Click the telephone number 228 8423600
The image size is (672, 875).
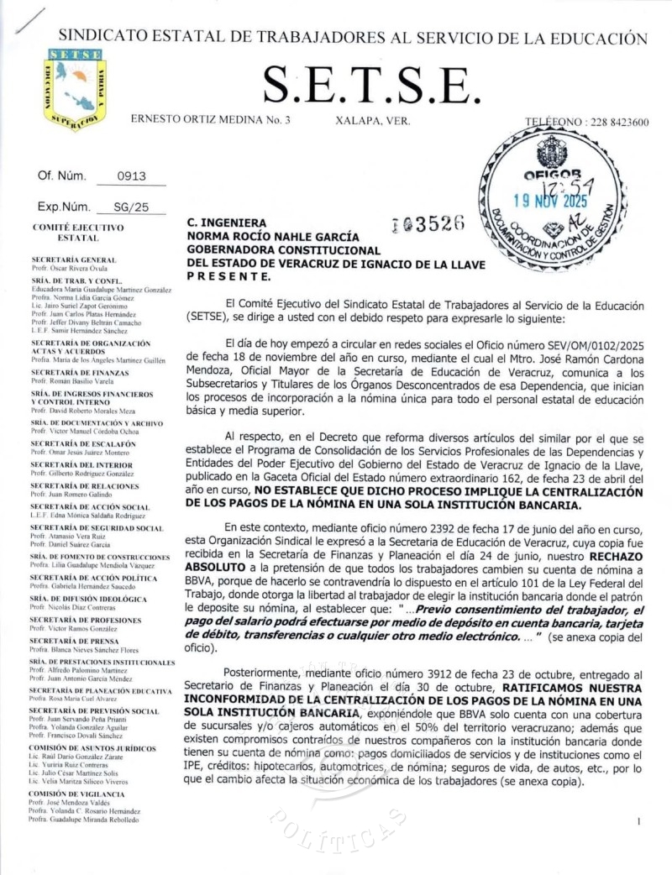click(x=614, y=122)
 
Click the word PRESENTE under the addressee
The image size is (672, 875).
click(x=228, y=275)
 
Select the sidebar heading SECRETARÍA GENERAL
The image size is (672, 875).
click(x=74, y=260)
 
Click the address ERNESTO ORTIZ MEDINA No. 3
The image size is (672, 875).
click(x=211, y=121)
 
